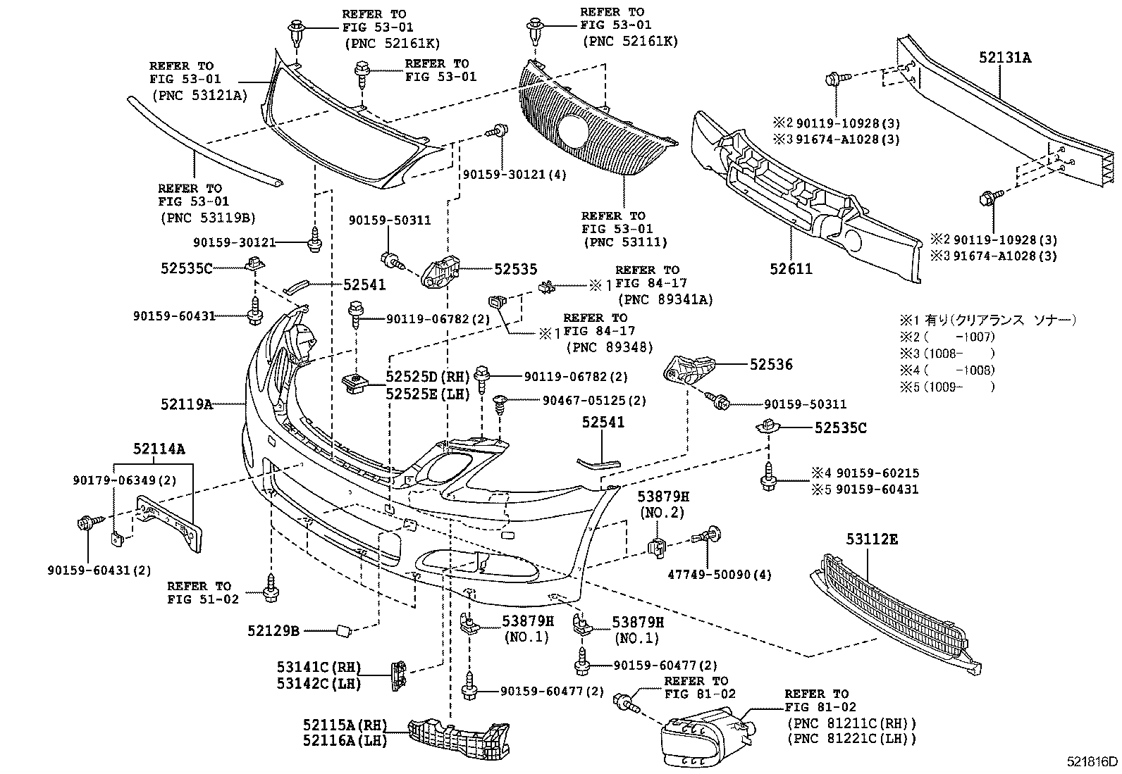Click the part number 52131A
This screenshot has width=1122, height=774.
coord(1004,58)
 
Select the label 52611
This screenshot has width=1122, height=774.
coord(790,268)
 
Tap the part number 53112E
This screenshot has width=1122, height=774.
coord(872,540)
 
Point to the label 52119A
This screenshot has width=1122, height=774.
coord(186,404)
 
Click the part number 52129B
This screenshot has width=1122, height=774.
coord(273,631)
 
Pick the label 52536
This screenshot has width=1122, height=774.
coord(771,364)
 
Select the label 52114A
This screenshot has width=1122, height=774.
coord(159,448)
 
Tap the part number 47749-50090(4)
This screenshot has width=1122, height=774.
coord(720,575)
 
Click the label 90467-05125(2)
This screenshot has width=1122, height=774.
coord(594,400)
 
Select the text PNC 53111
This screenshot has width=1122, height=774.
coord(624,242)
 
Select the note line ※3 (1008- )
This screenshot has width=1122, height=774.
coord(947,354)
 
